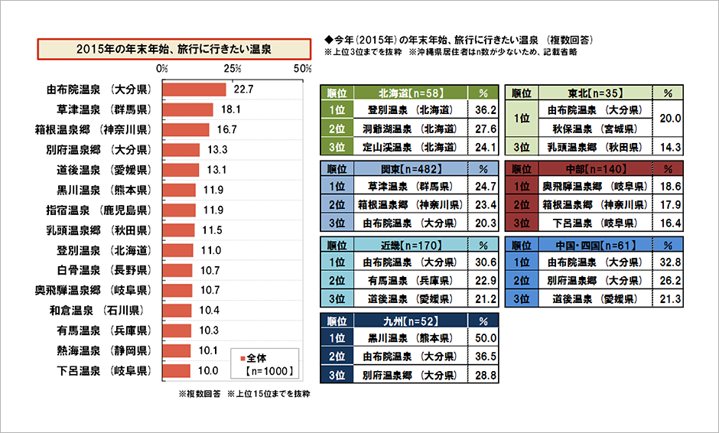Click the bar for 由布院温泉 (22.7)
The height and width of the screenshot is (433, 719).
195,90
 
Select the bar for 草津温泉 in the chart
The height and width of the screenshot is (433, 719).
188,109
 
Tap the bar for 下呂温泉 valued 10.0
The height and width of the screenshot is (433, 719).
177,370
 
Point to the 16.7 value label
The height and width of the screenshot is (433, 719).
228,129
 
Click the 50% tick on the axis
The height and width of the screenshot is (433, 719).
303,69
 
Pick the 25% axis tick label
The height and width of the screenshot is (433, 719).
233,69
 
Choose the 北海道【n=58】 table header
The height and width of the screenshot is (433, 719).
409,93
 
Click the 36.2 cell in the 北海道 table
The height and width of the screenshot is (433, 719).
486,109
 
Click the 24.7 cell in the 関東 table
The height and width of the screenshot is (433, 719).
486,186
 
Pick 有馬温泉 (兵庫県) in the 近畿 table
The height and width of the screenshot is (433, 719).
409,281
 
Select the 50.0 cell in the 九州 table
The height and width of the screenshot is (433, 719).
486,338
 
